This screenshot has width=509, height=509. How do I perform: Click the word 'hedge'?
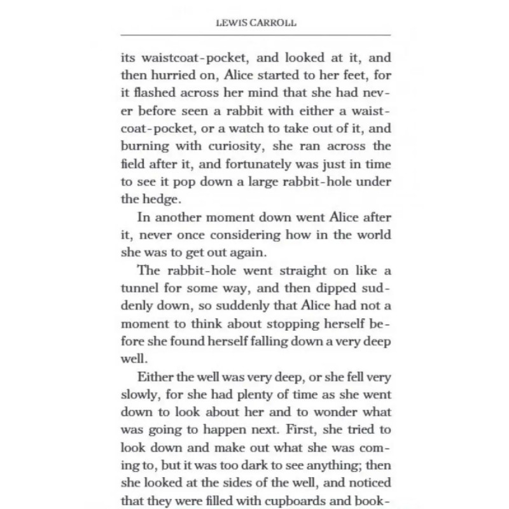(x=158, y=199)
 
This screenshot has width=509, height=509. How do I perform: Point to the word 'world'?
(x=370, y=234)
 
